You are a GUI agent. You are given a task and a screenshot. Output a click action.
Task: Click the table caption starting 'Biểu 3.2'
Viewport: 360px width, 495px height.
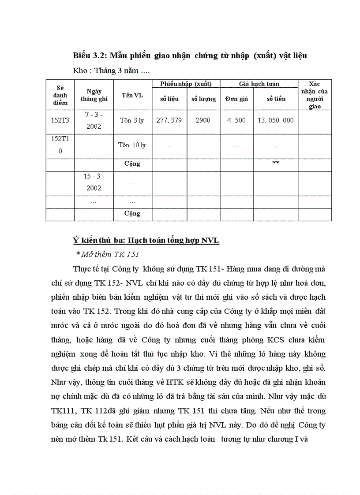[190, 56]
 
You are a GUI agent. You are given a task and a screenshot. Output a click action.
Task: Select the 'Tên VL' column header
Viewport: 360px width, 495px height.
[132, 95]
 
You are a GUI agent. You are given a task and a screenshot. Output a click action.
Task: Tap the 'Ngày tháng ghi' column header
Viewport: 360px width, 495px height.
[94, 95]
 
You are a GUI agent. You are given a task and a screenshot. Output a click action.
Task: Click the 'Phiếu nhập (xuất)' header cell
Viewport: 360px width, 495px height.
[186, 84]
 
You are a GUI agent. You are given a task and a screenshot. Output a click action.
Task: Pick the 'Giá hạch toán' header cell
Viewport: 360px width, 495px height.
[259, 84]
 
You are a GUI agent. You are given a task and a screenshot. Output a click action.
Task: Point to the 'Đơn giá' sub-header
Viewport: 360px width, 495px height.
[236, 99]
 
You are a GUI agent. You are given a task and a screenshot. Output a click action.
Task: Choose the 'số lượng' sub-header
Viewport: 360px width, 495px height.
[203, 99]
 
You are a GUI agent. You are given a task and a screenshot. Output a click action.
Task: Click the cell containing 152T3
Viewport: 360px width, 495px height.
[60, 120]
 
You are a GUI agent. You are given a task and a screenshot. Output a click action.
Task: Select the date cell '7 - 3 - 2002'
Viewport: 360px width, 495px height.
[94, 120]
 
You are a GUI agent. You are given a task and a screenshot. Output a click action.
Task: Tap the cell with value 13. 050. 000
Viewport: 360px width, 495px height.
[275, 120]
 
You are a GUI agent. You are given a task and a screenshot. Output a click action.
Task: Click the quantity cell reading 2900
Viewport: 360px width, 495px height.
[203, 120]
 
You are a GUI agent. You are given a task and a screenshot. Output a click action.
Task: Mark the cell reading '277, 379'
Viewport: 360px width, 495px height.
[169, 120]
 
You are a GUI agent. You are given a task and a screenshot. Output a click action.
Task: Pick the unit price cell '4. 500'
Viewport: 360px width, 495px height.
[236, 120]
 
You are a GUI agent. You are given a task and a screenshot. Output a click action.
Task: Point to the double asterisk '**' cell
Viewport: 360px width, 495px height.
[275, 164]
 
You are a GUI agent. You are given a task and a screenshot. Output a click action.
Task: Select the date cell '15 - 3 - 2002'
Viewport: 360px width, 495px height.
[94, 182]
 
